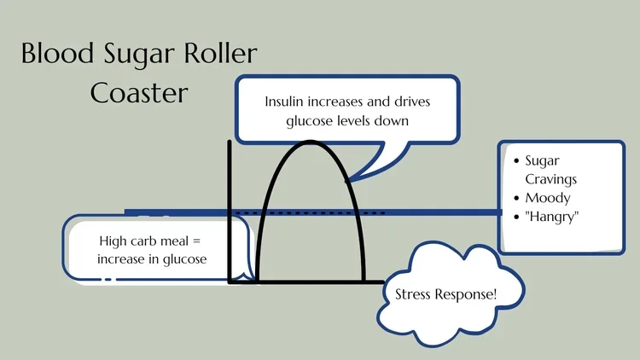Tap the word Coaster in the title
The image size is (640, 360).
[x=139, y=91]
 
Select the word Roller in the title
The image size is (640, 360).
[x=219, y=55]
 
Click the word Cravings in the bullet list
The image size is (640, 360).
[x=550, y=179]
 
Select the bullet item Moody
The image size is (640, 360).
[x=547, y=198]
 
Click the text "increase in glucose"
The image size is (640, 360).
[x=152, y=258]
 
